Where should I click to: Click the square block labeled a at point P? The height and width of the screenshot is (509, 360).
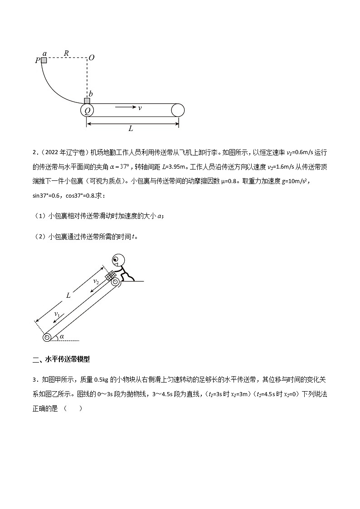coord(44,60)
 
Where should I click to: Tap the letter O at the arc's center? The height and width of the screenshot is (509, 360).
coord(92,58)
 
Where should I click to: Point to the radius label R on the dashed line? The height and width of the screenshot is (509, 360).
coord(66,53)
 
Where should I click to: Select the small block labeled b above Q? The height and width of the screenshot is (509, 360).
coord(87,101)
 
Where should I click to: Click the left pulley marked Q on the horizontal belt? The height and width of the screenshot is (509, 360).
coord(87,110)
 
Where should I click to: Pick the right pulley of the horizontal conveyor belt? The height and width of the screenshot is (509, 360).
coord(178,110)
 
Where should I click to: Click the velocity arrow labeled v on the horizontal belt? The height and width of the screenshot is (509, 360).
coord(126,107)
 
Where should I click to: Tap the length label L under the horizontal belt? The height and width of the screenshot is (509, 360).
coord(131,129)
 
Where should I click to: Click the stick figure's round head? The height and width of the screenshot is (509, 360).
coord(118,260)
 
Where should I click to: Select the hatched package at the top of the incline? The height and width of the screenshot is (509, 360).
coord(110,276)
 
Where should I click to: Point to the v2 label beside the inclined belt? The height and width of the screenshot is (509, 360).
coord(96,282)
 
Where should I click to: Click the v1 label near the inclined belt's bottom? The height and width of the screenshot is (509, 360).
coord(57,314)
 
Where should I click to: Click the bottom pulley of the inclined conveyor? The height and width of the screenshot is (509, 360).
coord(47,337)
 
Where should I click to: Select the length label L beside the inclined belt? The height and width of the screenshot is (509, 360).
coord(68,295)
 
